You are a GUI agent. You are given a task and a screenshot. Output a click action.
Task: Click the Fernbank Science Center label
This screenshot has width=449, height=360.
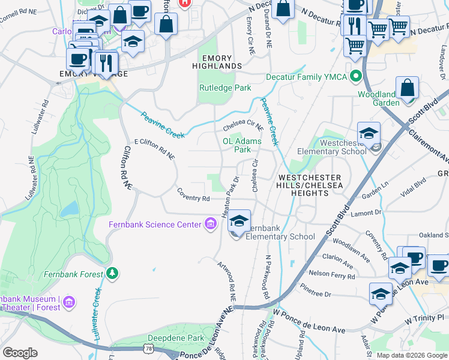[155, 225]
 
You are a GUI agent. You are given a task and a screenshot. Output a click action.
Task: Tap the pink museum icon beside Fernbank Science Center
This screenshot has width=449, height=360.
[210, 225]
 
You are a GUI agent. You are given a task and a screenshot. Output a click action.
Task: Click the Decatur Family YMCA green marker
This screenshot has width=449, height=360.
[355, 76]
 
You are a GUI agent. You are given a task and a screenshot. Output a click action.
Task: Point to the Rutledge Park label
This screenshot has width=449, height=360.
[225, 88]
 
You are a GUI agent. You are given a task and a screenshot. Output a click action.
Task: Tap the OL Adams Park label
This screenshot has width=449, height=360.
[243, 145]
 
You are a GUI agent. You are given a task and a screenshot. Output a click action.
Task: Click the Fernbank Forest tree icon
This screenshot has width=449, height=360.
[112, 274]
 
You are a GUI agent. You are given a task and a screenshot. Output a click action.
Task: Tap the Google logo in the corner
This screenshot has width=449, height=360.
[20, 352]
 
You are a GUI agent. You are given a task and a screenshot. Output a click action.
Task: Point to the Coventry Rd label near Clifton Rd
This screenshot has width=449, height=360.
[193, 194]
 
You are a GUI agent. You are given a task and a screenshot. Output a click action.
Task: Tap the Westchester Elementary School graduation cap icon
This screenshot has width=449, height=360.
[369, 133]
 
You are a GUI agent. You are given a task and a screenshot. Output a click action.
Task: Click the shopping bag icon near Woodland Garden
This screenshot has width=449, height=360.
[408, 89]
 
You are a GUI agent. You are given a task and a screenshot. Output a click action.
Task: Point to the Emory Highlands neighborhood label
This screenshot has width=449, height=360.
[217, 61]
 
